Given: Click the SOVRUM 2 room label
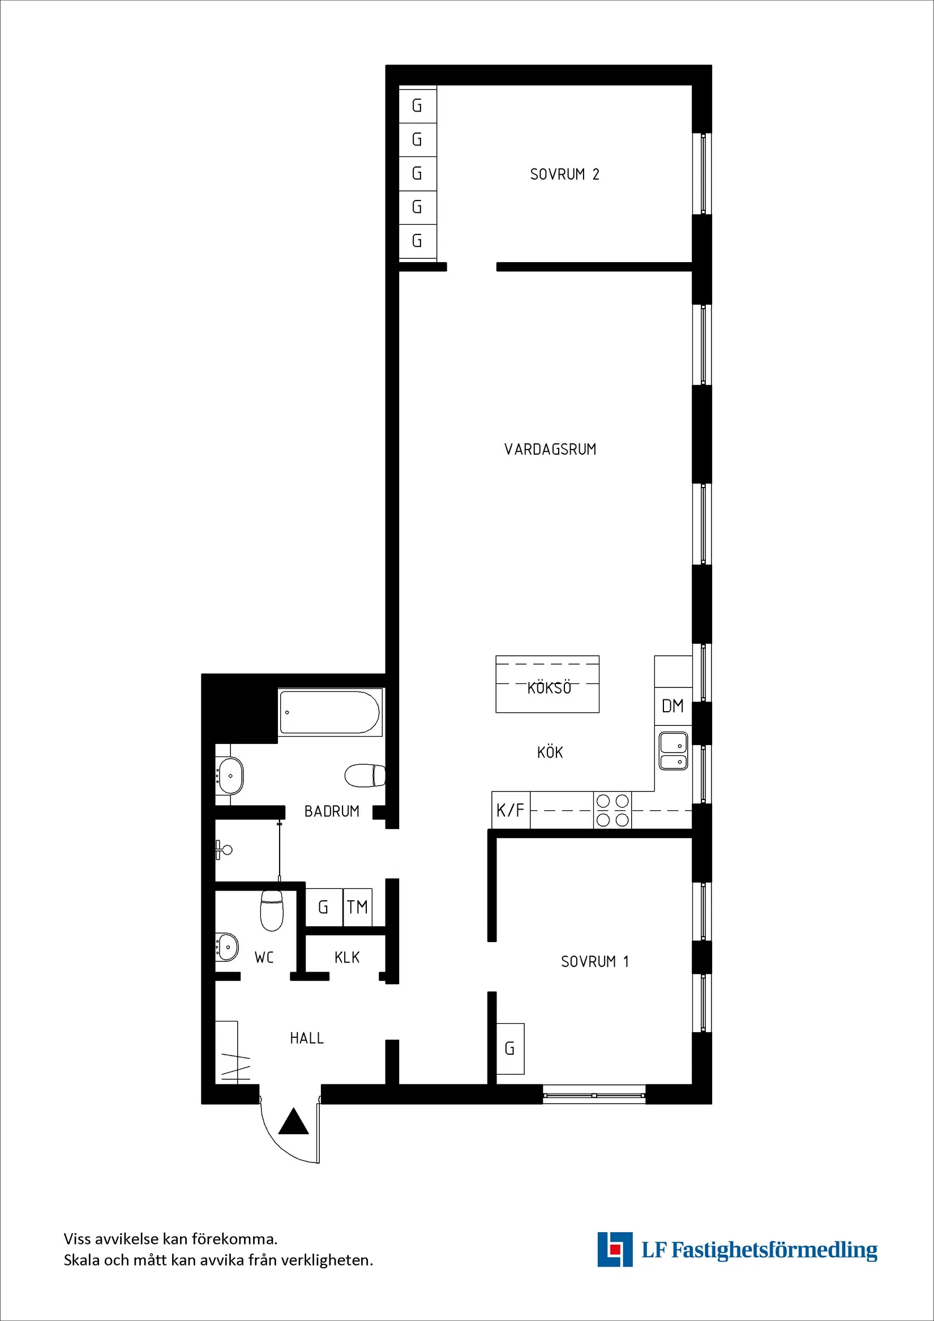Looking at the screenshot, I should tap(564, 174).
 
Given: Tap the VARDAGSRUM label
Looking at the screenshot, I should tap(550, 450).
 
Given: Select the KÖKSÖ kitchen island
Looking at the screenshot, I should tap(547, 684).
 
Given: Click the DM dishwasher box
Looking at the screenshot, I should tap(672, 706).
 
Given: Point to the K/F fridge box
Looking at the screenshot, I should tap(511, 811).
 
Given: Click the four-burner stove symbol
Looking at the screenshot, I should tap(612, 810).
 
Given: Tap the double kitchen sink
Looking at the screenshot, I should tap(673, 751).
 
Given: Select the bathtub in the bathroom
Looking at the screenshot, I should tap(329, 712).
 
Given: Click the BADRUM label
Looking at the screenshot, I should tap(331, 811).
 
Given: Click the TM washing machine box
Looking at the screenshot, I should tap(357, 907).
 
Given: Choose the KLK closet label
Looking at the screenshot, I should tap(347, 957).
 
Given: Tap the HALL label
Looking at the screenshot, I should tap(307, 1038).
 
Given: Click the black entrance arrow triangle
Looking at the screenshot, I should tap(294, 1122).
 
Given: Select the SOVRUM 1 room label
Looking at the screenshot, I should tap(595, 961).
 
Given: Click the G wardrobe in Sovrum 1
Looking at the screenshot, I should tap(509, 1048).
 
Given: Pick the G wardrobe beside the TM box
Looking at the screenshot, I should tap(323, 907).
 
